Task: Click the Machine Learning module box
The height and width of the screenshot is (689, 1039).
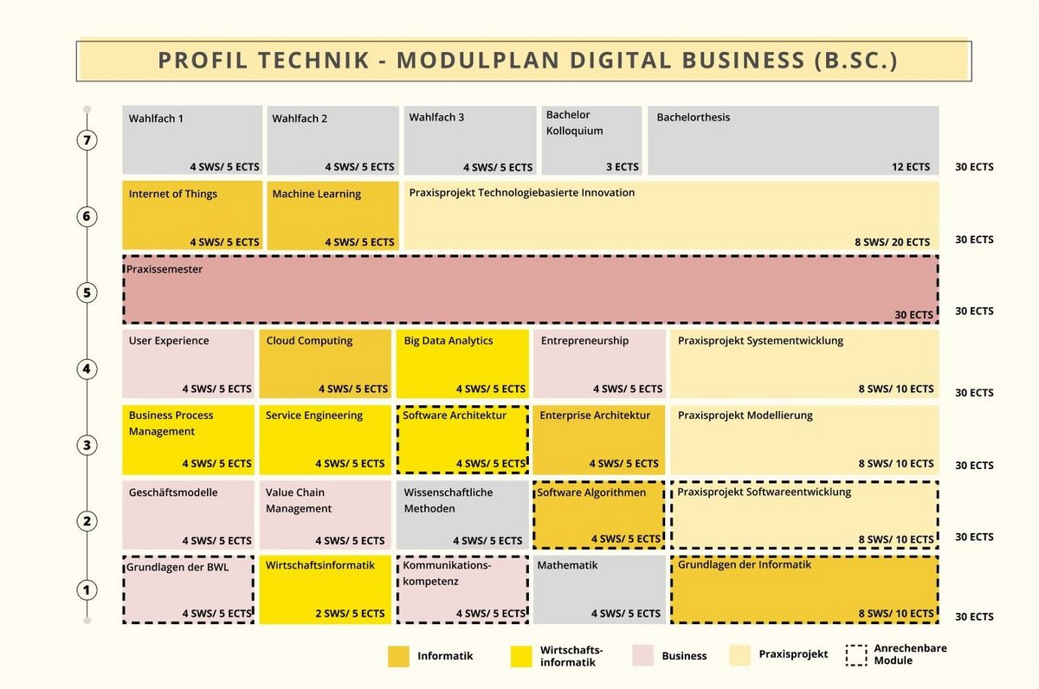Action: [333, 216]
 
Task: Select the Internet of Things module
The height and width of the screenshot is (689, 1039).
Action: [191, 216]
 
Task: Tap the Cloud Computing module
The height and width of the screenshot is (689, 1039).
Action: [325, 364]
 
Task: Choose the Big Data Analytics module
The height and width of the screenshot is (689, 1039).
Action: [462, 364]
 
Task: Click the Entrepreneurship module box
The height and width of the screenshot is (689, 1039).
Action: [599, 364]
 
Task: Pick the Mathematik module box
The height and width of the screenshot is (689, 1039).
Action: [599, 589]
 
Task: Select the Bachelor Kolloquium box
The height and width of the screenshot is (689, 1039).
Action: [592, 140]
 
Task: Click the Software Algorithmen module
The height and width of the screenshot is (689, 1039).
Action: [599, 514]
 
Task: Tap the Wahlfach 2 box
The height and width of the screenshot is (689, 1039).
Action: [333, 140]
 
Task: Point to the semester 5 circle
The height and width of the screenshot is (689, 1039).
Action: [86, 293]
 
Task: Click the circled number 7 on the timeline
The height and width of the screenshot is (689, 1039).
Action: [86, 140]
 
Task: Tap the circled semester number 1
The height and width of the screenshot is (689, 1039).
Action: [86, 590]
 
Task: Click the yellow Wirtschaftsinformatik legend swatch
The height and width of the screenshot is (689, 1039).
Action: [521, 656]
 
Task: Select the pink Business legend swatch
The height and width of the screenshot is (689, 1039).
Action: [642, 656]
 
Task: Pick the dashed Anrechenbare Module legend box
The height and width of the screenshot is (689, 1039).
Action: [855, 655]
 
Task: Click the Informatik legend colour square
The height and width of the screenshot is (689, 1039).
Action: [398, 656]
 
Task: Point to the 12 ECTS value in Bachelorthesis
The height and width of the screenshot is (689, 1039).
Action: [911, 167]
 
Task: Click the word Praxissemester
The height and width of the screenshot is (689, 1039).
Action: [165, 269]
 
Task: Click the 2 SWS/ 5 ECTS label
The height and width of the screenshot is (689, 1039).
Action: [350, 614]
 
